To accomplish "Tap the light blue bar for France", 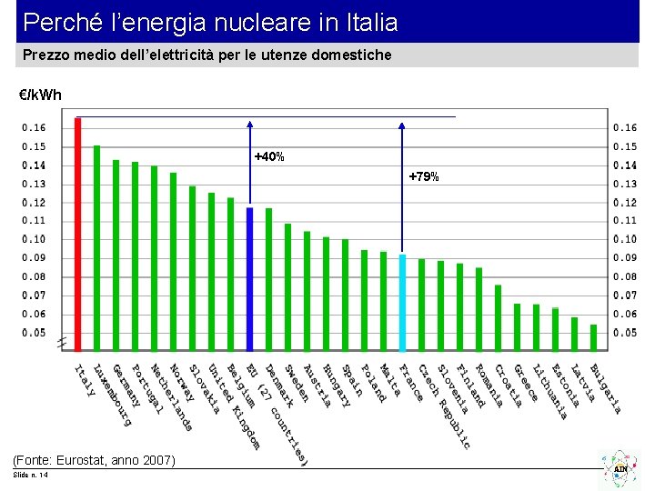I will [x=403, y=303].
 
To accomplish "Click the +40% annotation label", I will [x=269, y=157].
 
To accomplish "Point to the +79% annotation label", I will [x=424, y=176].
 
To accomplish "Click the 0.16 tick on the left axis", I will [x=34, y=128].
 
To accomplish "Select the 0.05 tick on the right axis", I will [x=624, y=333].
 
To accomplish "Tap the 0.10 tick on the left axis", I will [x=34, y=239].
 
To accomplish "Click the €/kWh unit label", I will [x=40, y=95].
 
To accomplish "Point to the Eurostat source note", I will [x=94, y=460].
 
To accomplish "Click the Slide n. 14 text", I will [x=31, y=476].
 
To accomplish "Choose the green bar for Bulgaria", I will [x=593, y=337].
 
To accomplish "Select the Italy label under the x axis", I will [x=85, y=380].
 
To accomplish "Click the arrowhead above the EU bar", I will [x=250, y=122].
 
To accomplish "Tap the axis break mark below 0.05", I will [x=62, y=343].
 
